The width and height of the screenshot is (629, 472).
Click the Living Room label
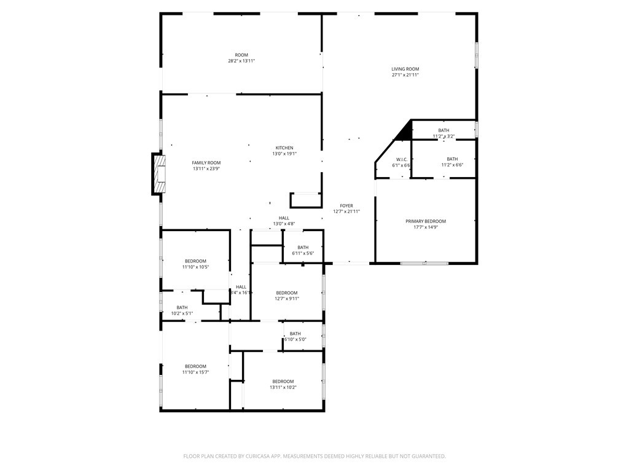click(405, 69)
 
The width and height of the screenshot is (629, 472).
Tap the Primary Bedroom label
click(426, 221)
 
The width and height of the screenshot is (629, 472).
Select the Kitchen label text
click(284, 147)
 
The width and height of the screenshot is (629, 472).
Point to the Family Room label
click(206, 162)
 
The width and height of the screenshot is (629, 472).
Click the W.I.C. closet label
click(402, 159)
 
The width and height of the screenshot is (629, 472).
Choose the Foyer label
click(346, 206)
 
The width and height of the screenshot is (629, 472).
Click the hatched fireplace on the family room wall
click(160, 174)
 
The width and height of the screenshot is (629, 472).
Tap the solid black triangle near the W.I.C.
click(404, 130)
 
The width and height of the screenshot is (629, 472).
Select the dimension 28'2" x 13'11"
click(241, 61)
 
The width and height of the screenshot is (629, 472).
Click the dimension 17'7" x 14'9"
click(426, 227)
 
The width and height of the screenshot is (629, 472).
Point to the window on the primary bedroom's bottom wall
click(424, 263)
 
